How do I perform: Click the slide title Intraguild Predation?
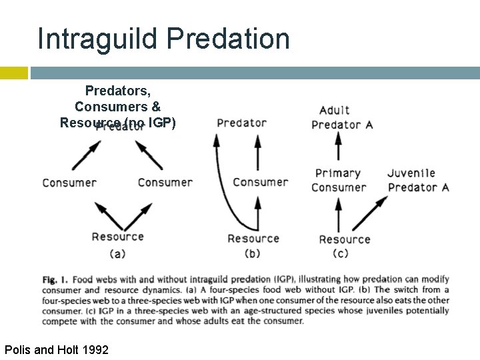[164, 39]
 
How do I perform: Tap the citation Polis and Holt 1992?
[56, 349]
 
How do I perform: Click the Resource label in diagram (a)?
[117, 236]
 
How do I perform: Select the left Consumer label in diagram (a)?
[69, 183]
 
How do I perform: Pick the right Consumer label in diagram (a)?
[165, 183]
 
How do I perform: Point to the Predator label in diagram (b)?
[241, 123]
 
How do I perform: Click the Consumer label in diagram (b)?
[260, 182]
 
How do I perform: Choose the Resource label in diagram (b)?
[253, 238]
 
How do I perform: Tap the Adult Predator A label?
[342, 117]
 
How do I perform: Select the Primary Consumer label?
[338, 180]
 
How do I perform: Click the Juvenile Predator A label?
[418, 180]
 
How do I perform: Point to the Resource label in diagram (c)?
[344, 239]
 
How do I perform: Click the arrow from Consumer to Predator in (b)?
[259, 153]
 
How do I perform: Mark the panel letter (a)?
[117, 253]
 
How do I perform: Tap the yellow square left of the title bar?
[13, 73]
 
